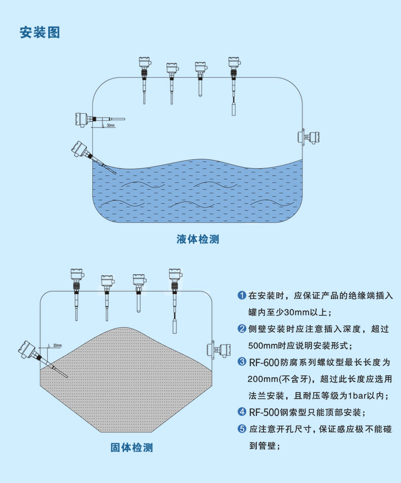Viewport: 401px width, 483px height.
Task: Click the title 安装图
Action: click(40, 33)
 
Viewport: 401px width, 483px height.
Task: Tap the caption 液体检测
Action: click(197, 239)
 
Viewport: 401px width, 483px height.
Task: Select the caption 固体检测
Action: click(131, 447)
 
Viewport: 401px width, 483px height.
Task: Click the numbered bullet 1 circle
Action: click(242, 295)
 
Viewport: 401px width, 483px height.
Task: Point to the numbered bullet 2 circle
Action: click(242, 329)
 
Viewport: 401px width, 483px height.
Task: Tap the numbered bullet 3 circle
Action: click(242, 362)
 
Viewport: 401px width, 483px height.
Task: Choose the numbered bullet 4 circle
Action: click(242, 411)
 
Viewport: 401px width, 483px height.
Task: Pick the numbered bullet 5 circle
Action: click(242, 428)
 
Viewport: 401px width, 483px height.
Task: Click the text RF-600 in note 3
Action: click(264, 363)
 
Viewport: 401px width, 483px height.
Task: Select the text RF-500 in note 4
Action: click(264, 412)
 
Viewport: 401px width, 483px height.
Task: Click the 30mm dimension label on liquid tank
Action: click(111, 125)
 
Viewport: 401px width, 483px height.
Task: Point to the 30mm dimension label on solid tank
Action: click(57, 345)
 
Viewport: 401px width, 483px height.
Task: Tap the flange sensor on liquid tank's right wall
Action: click(309, 137)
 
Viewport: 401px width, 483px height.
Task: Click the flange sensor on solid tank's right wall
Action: click(219, 349)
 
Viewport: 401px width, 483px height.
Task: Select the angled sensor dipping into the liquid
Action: click(92, 157)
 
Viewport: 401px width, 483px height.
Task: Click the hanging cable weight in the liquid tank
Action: click(233, 109)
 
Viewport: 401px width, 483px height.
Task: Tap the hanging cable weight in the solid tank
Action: click(175, 327)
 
